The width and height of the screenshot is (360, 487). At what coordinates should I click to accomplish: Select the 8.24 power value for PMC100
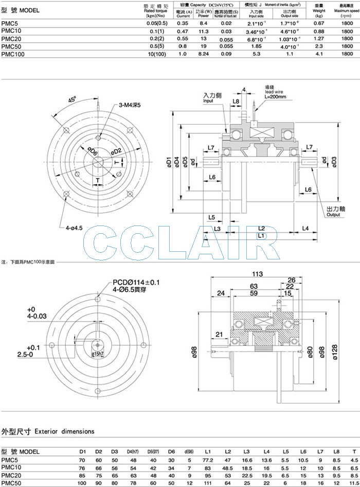(203, 53)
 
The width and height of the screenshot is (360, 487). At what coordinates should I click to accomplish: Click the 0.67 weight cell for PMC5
(318, 23)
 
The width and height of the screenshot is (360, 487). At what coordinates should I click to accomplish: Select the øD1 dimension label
(169, 163)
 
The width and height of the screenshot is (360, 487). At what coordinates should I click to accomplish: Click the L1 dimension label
(261, 235)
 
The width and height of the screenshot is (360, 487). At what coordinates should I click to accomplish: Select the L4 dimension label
(305, 228)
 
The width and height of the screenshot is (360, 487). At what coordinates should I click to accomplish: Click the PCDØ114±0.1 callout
(136, 283)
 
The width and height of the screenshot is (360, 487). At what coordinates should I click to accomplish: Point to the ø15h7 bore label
(98, 355)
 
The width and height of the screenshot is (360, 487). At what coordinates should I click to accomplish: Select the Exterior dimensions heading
(48, 431)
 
